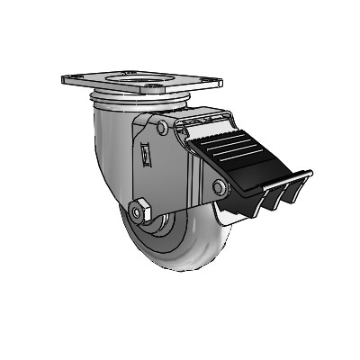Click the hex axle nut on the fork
(137, 212)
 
